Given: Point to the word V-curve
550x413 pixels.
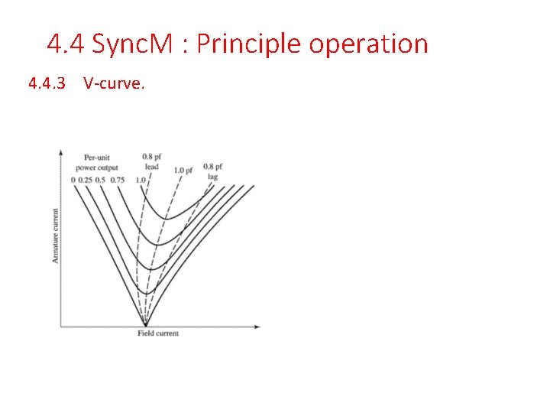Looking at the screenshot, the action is coord(114,83).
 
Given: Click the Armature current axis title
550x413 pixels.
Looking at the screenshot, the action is coord(55,235).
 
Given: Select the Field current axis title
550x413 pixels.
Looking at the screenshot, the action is coord(158,333).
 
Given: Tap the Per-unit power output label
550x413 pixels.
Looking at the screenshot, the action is coord(96,163).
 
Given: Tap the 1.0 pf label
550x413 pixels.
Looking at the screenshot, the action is coord(184,170).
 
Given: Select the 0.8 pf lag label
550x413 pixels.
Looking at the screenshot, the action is coord(213,171).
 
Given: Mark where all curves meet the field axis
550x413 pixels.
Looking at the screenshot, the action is coord(145,326).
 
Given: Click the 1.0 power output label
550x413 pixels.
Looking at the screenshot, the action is coord(140,180).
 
